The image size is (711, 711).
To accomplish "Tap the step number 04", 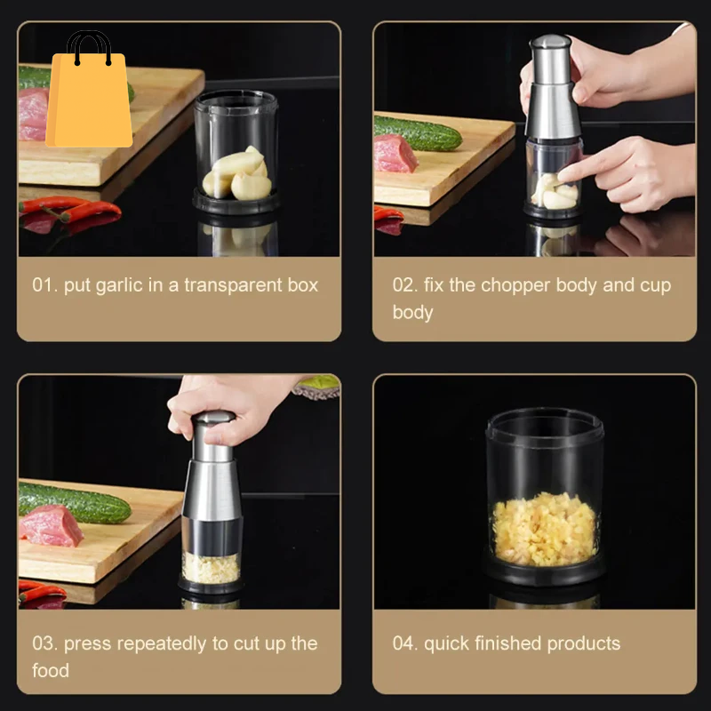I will coord(404,643).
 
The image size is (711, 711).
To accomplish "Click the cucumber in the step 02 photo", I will coord(418,134).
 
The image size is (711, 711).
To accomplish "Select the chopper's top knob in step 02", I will coord(550,44).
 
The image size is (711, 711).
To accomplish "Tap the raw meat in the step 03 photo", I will coord(50,526).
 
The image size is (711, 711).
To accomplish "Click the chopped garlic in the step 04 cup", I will coord(544,530).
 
